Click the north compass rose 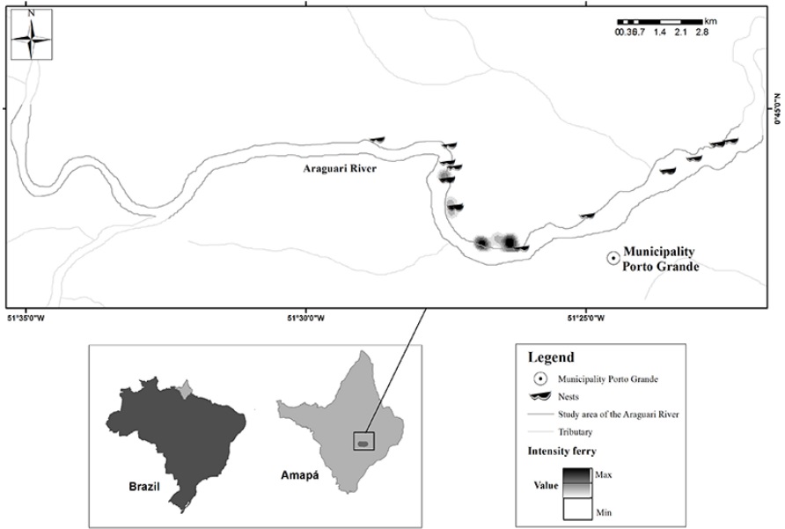pos(31,36)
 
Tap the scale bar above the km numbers pos(660,20)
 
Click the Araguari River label pos(336,169)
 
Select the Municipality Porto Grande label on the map pos(661,257)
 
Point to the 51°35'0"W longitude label pos(26,318)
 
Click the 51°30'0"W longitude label pos(305,318)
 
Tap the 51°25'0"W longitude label pos(586,318)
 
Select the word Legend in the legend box pos(551,357)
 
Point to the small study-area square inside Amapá pos(363,441)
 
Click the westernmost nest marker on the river pos(378,139)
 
